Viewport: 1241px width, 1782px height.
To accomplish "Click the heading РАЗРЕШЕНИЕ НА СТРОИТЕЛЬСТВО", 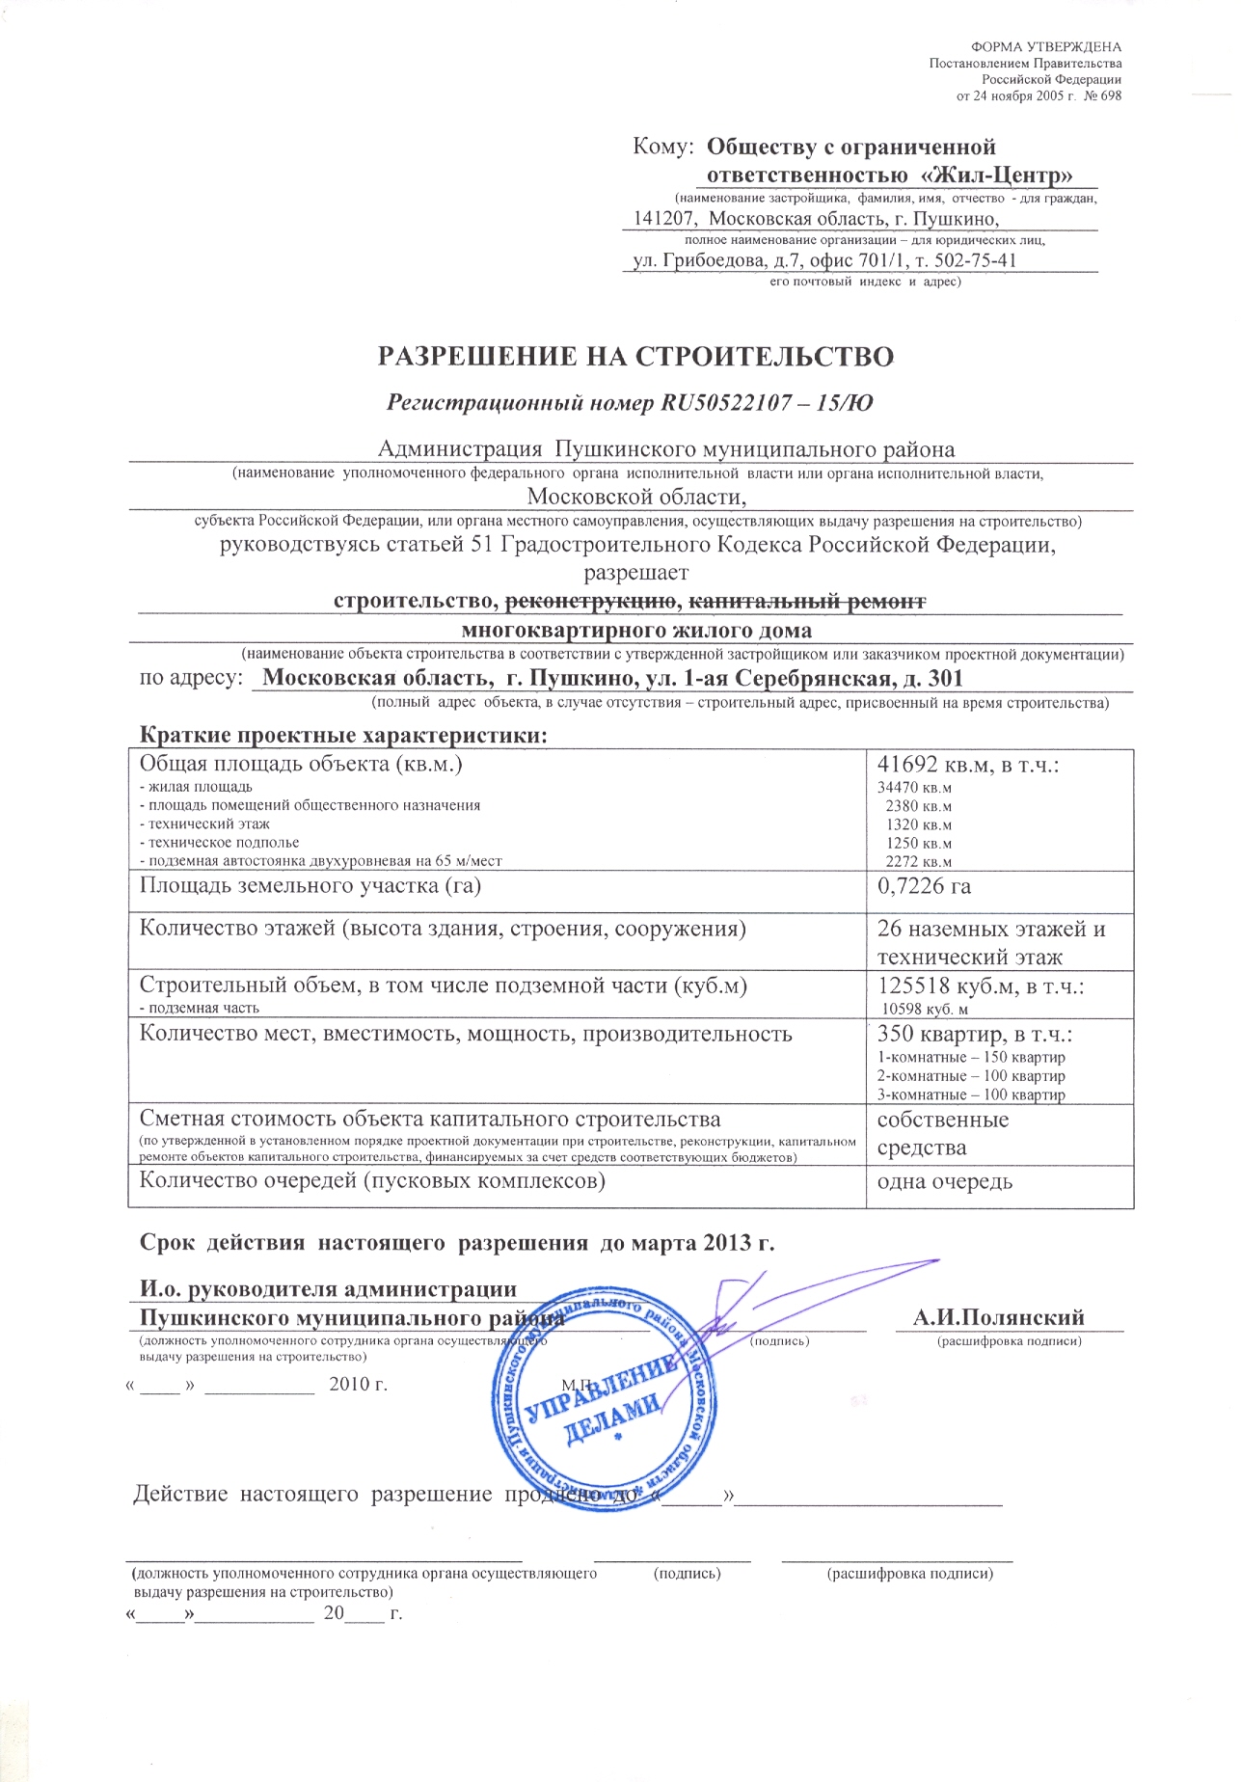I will click(635, 357).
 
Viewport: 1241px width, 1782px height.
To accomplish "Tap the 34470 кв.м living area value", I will click(914, 788).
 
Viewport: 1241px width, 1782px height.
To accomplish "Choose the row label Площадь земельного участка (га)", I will click(310, 886).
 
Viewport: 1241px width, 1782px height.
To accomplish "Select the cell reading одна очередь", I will click(945, 1181).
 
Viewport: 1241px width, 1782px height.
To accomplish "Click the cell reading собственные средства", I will click(943, 1134).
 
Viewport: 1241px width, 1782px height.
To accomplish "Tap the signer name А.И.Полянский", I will click(999, 1318).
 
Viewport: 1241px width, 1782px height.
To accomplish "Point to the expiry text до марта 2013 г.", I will click(688, 1242).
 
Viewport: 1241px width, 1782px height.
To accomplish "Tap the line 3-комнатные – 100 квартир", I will click(971, 1094).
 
